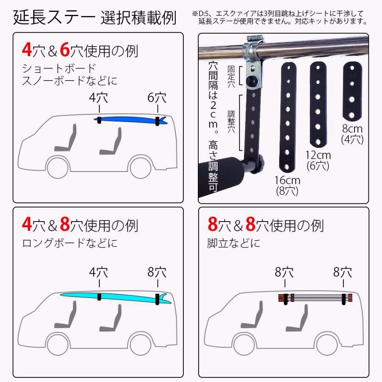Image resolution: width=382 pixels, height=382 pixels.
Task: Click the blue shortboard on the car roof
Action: (127, 120)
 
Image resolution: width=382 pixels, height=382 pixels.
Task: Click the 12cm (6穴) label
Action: (318, 160)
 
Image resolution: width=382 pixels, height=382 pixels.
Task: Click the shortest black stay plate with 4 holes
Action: (352, 92)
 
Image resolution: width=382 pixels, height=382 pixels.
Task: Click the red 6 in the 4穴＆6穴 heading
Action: (65, 50)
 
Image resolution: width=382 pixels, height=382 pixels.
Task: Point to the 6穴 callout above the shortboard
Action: (157, 98)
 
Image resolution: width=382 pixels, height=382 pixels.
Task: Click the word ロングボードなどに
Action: (70, 244)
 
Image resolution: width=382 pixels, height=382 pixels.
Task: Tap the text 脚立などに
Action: (234, 244)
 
